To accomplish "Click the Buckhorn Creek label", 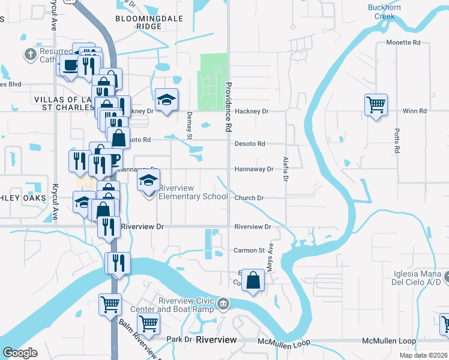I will pos(385,12).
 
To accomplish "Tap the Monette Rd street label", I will pos(403,43).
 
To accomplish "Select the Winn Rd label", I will pos(414,111).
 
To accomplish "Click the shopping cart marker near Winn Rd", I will pos(376,105).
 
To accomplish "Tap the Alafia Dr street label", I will pos(286,169).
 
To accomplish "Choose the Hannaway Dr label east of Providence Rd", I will pos(254,169).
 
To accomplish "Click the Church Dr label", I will pos(249,197).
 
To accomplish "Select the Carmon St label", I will pos(249,250).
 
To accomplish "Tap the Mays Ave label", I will pos(271,256).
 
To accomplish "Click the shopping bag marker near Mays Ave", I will pos(253,280).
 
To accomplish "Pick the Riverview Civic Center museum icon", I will pos(224,304).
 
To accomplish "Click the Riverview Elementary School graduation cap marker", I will pos(148,180).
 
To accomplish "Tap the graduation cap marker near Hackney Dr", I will pos(166,98).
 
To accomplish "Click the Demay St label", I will pos(189,125).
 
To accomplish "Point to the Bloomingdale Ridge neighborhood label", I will pos(140,23).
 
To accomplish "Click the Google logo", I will pos(20,353).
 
